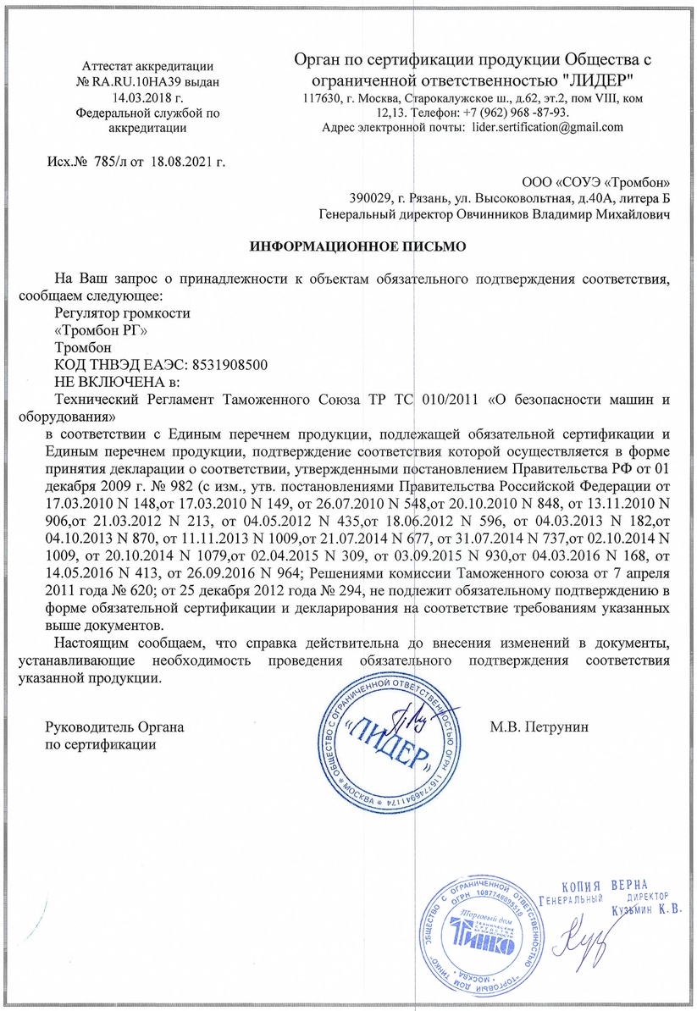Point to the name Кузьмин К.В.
pyautogui.click(x=647, y=910)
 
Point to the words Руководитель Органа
pyautogui.click(x=113, y=727)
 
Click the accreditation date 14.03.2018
pyautogui.click(x=127, y=97)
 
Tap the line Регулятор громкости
pyautogui.click(x=122, y=313)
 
